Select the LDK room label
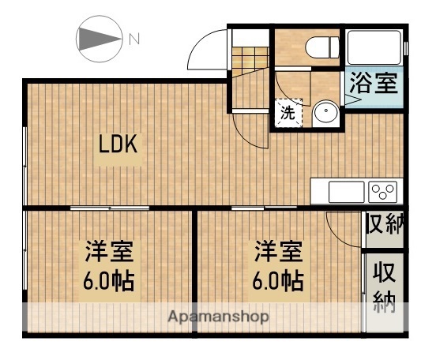point(118,144)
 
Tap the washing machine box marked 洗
point(288,113)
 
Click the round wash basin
point(324,113)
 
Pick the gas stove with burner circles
point(382,191)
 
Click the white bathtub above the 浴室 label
point(374,49)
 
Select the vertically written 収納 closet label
point(385,288)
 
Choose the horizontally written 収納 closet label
point(385,223)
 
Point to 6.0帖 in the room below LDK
point(109,280)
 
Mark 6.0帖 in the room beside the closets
point(278,280)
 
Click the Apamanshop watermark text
point(218,317)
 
